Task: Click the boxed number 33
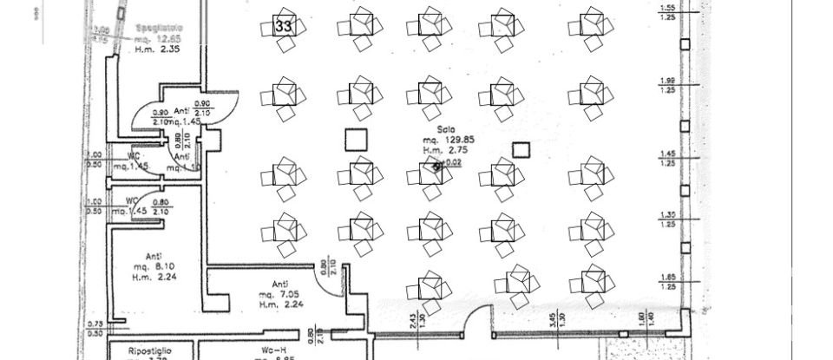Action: click(x=283, y=25)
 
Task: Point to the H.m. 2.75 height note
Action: click(x=436, y=150)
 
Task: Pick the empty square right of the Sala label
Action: click(x=520, y=149)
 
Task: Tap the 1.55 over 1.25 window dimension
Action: click(x=668, y=13)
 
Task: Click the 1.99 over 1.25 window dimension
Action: click(x=668, y=85)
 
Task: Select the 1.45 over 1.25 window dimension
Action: click(x=668, y=158)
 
